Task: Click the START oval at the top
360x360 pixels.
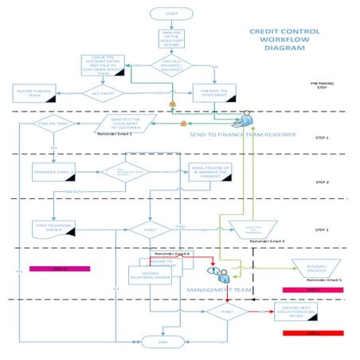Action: pos(170,14)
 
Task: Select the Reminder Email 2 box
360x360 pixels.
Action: pos(53,170)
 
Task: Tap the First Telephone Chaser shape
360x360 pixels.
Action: pos(53,226)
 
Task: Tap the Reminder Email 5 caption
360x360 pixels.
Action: pos(324,280)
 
